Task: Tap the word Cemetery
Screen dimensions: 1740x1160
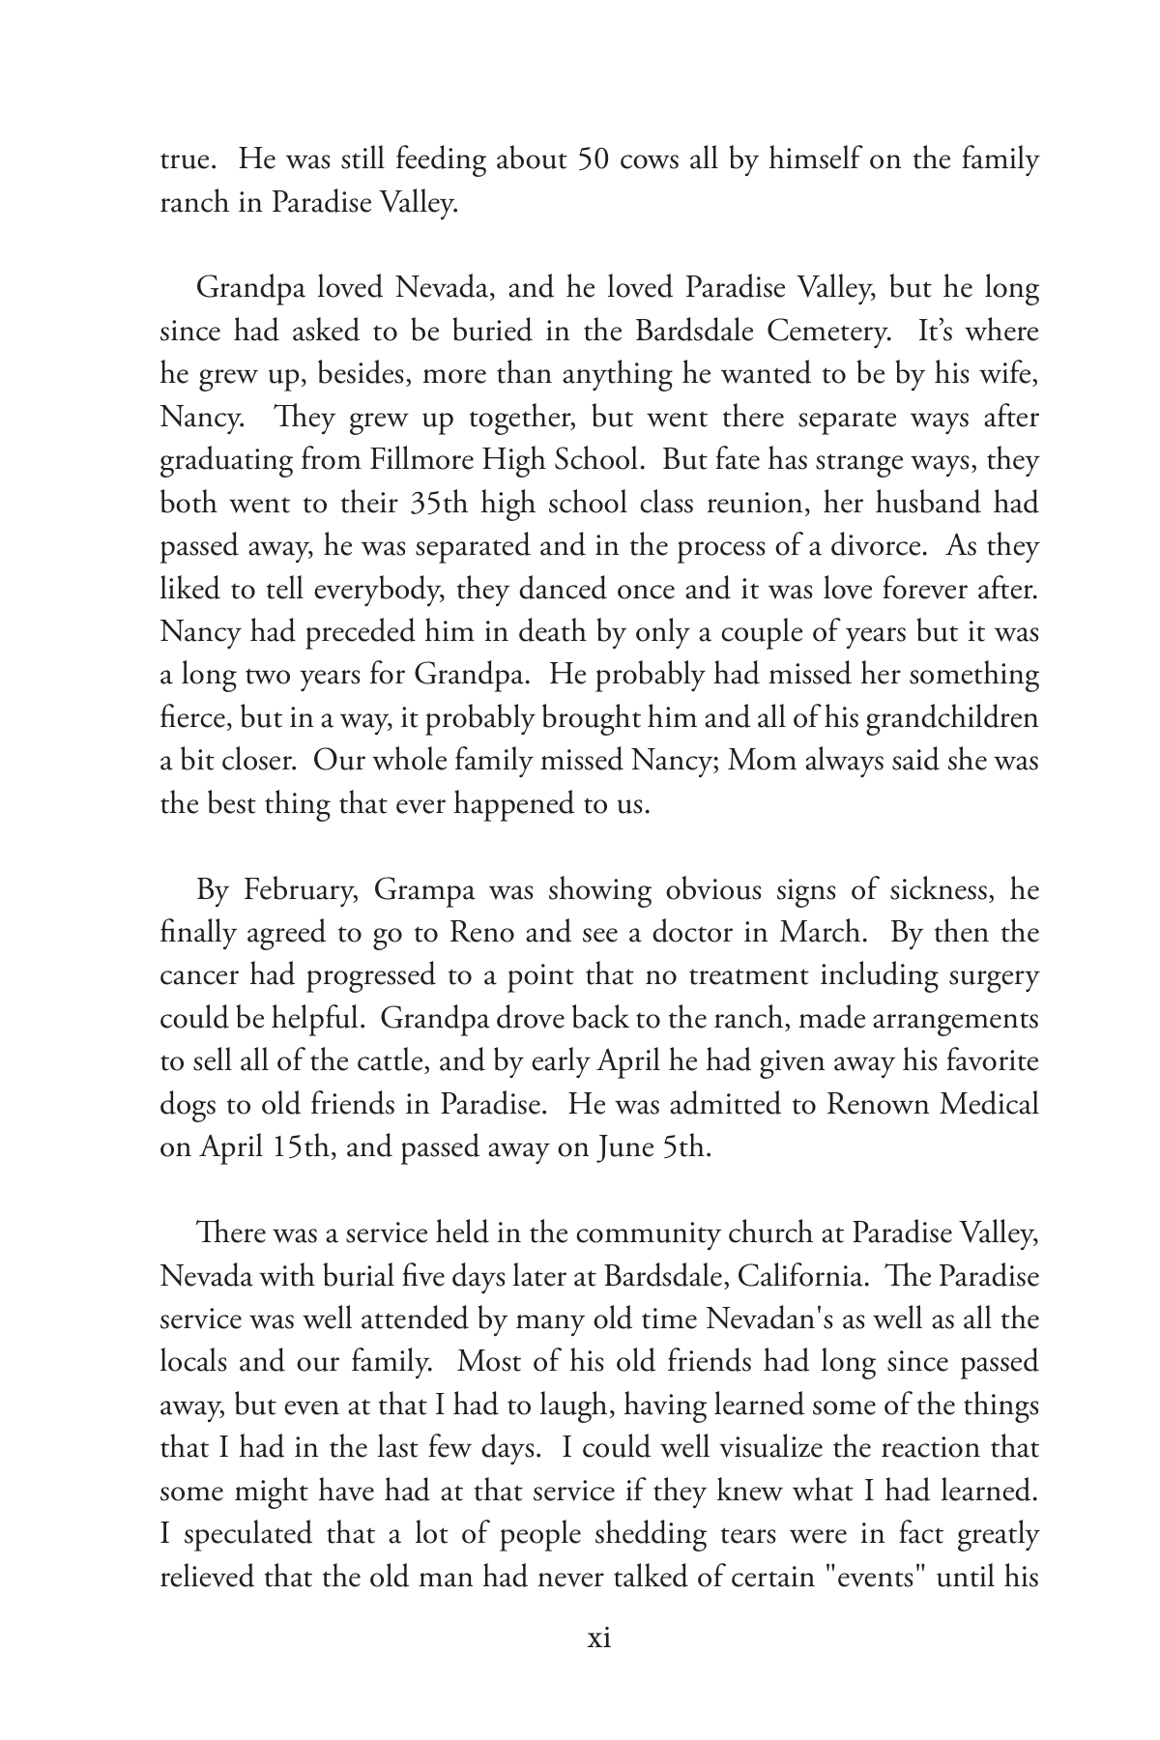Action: pos(828,332)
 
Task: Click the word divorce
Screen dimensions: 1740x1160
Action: pos(874,546)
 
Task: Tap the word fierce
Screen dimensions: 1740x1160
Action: pos(188,718)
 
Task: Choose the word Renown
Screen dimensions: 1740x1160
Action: pos(876,1105)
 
